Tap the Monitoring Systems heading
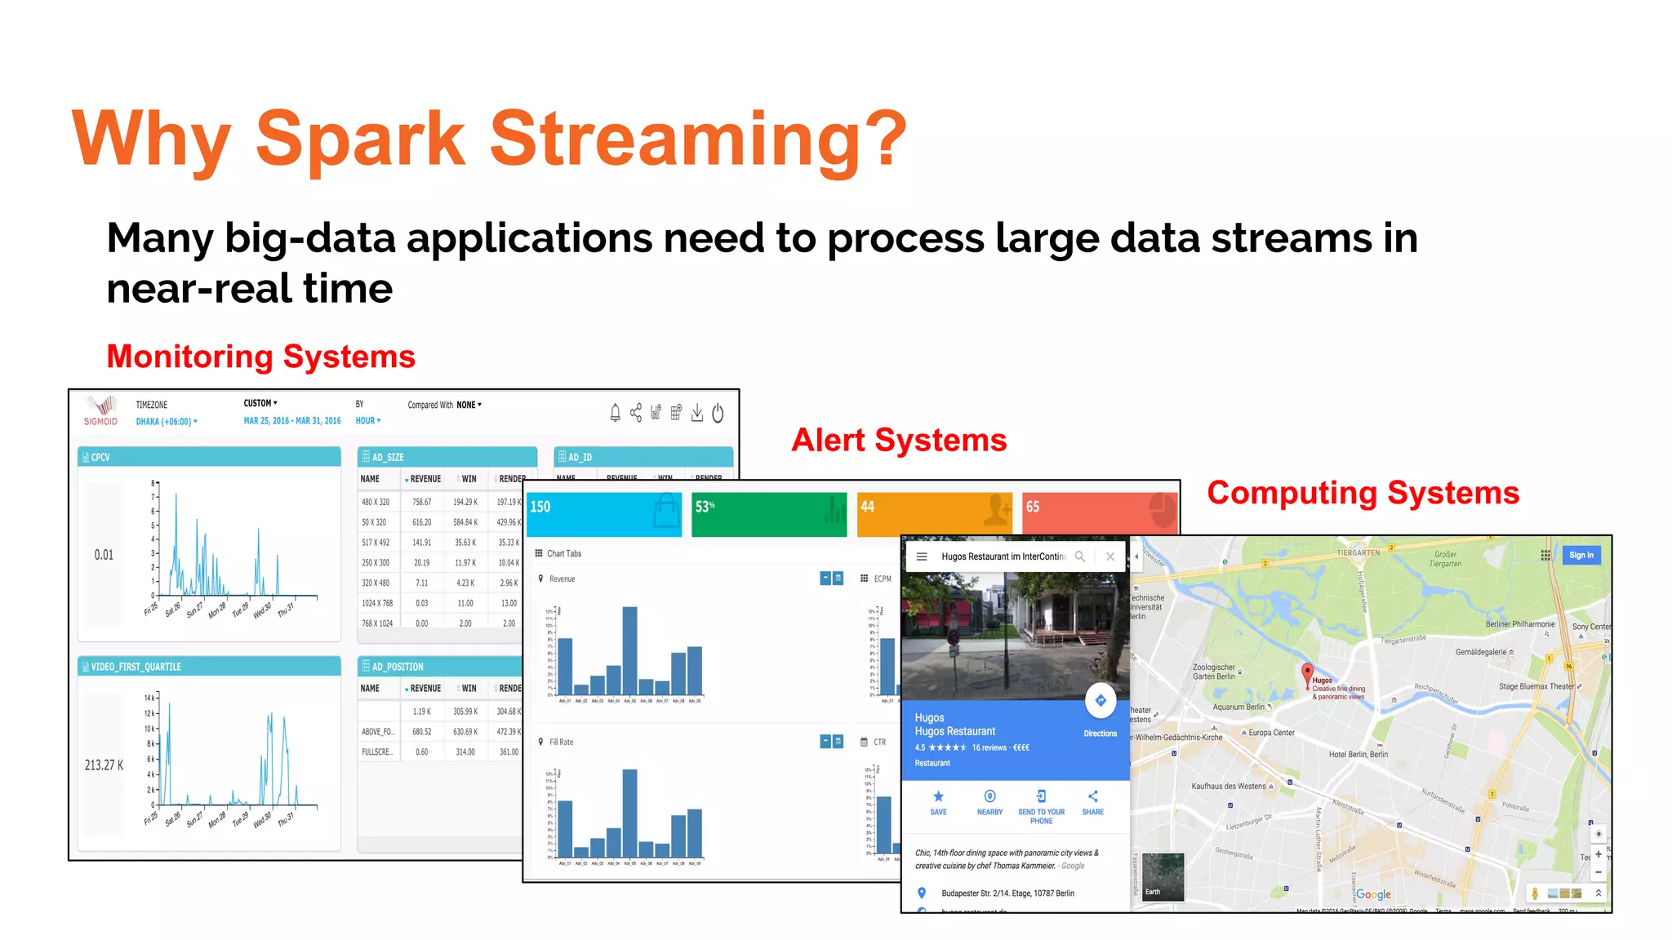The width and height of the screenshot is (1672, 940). point(260,357)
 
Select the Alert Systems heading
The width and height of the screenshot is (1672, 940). point(899,440)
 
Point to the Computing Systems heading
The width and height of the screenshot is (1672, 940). point(1363,493)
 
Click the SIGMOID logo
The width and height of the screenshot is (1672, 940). point(101,411)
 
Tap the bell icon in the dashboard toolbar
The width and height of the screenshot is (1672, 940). point(615,413)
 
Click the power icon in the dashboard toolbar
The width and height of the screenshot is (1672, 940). point(718,413)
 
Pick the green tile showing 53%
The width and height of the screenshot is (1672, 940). point(768,513)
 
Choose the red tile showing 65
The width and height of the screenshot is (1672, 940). point(1099,513)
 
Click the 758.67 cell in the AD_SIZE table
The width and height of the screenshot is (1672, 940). point(421,502)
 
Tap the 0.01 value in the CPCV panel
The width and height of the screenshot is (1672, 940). point(104,555)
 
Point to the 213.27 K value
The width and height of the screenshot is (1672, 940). point(104,765)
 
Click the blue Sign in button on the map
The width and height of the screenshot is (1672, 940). point(1581,555)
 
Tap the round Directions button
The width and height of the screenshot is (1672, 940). point(1100,700)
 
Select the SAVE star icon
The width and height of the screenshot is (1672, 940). point(938,796)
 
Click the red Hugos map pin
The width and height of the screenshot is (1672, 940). point(1307,673)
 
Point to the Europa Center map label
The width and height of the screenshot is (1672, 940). point(1270,733)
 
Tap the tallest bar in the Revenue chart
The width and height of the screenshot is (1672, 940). point(629,649)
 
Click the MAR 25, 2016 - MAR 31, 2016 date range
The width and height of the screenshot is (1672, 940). point(292,421)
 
